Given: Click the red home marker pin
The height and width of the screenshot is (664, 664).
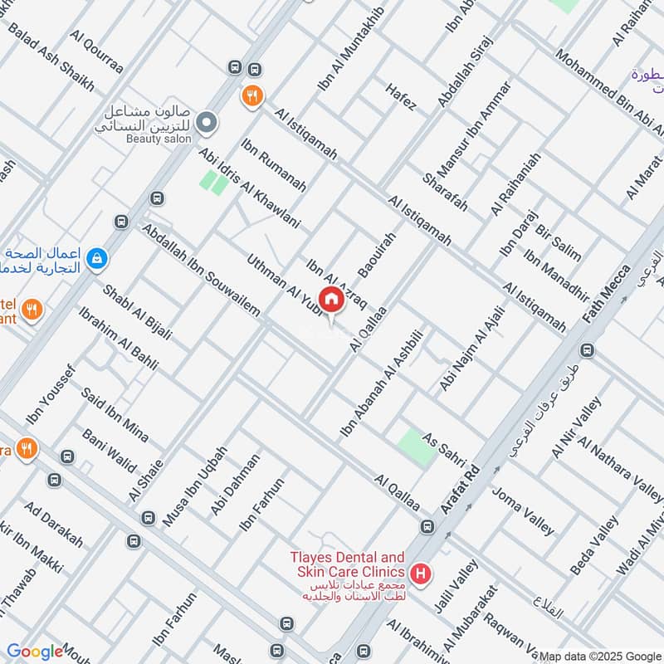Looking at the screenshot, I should pyautogui.click(x=331, y=300).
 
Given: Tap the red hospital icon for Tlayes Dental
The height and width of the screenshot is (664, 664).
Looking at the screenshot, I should pyautogui.click(x=422, y=574).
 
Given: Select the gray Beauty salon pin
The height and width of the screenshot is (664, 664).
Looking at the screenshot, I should pyautogui.click(x=207, y=123).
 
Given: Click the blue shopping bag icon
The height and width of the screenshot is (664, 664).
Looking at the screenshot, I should pyautogui.click(x=98, y=259).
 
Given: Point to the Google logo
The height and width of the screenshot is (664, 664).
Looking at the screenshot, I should pyautogui.click(x=35, y=652).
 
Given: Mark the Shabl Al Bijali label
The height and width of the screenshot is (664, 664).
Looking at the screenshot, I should pyautogui.click(x=137, y=313).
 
